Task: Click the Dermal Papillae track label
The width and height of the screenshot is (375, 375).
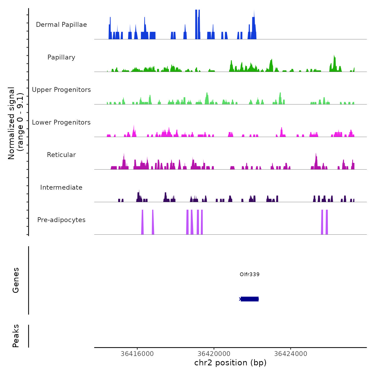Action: pos(61,25)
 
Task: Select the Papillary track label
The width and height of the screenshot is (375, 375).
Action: pos(61,57)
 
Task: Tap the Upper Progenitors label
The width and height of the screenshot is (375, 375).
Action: pos(61,90)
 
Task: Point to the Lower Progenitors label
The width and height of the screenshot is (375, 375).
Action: pos(61,122)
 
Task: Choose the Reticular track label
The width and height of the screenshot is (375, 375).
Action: pos(61,155)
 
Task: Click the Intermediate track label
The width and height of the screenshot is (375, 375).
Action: pos(61,187)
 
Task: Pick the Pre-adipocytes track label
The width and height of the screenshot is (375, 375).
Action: pos(61,220)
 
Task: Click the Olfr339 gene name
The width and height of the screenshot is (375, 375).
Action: pos(250,274)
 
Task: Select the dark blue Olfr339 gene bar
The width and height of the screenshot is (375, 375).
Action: pos(250,299)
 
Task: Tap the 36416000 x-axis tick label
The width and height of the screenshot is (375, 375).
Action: pos(137,354)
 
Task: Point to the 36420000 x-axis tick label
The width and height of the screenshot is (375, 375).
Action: pos(214,354)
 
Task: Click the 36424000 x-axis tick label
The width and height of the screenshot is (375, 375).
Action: pos(291,354)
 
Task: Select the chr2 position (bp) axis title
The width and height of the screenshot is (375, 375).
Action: pos(230,363)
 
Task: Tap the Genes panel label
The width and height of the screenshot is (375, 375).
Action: pos(16,280)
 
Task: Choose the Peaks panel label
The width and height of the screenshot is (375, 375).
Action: pos(16,336)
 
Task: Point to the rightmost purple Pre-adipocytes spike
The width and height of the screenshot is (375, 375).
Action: pos(327,222)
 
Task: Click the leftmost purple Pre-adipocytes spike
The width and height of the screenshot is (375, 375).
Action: pos(142,222)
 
